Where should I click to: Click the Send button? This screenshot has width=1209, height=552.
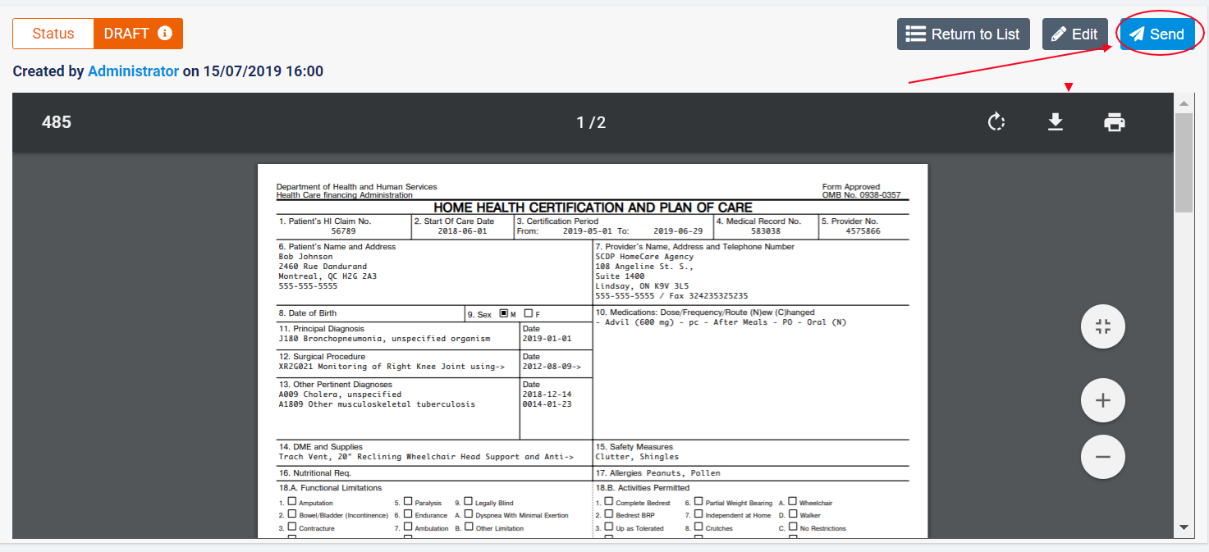1156,34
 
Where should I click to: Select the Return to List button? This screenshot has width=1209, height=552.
963,34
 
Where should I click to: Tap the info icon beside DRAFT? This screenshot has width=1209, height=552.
165,34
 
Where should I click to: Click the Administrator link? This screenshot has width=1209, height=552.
133,71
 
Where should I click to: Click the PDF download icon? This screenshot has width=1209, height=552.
1056,122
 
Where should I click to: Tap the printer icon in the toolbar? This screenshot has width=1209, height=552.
1114,122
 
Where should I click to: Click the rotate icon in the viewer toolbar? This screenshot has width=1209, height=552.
996,122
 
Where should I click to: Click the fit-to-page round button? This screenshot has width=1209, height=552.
1102,327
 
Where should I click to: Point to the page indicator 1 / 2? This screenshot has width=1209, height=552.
591,123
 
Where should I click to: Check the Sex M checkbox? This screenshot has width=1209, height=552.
504,313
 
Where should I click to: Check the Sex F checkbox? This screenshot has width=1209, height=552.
529,313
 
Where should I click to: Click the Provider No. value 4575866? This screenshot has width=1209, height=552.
863,231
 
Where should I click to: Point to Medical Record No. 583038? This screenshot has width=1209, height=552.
765,231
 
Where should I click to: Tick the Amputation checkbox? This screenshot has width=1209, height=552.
292,502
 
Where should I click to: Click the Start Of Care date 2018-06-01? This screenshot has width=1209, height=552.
462,231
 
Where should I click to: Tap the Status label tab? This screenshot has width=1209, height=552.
53,34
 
